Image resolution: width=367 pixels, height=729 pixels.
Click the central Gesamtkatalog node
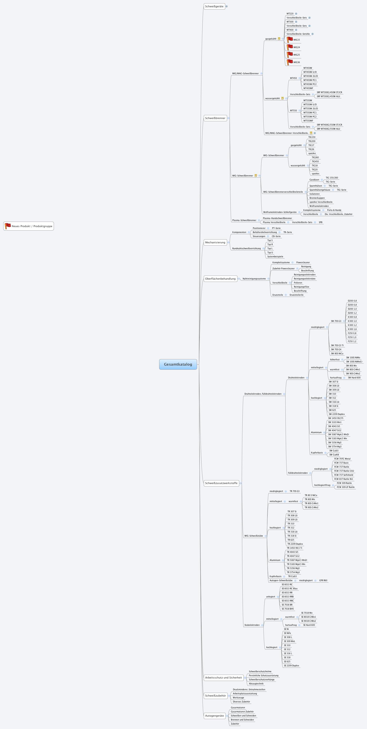click(178, 364)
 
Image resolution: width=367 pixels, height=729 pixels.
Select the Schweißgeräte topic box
click(214, 6)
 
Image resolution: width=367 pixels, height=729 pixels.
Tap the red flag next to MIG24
click(290, 47)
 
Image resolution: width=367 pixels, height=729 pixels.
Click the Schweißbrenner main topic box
click(215, 118)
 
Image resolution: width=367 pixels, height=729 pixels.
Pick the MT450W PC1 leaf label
click(310, 80)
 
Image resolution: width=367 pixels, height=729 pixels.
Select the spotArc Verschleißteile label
click(321, 202)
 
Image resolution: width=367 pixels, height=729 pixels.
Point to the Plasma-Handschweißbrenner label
click(277, 218)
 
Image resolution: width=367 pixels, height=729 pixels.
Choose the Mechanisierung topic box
click(215, 242)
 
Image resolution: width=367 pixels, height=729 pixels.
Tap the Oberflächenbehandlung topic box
click(220, 279)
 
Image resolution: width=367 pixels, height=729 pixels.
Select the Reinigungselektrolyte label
click(305, 279)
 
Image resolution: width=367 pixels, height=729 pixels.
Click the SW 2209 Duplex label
click(336, 414)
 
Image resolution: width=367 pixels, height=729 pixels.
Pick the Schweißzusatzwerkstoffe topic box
click(221, 483)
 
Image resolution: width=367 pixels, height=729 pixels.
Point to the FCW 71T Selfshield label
click(343, 475)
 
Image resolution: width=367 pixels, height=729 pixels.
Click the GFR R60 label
click(323, 580)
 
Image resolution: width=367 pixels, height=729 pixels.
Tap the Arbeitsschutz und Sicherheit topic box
click(223, 677)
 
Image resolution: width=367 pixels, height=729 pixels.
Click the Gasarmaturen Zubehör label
click(242, 711)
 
